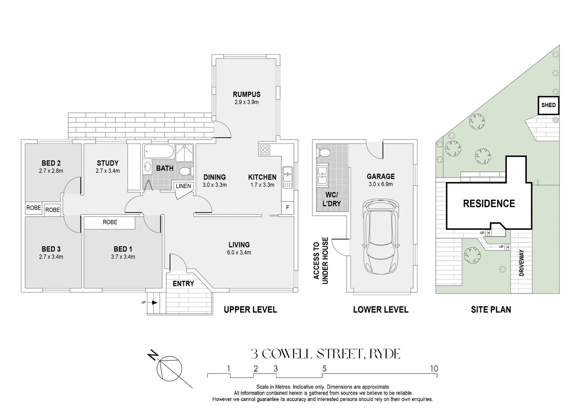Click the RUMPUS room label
(247, 94)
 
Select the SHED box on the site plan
(548, 105)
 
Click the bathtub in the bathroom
(159, 152)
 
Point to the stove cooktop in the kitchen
(264, 150)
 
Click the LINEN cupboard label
(183, 186)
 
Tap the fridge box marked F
(287, 208)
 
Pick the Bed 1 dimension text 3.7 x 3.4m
(123, 257)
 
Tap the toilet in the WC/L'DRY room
(324, 153)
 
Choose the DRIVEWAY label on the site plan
(521, 263)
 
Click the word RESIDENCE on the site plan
(489, 204)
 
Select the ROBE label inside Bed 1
(110, 222)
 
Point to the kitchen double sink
(287, 177)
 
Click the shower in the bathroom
(185, 153)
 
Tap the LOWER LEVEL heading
(380, 310)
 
